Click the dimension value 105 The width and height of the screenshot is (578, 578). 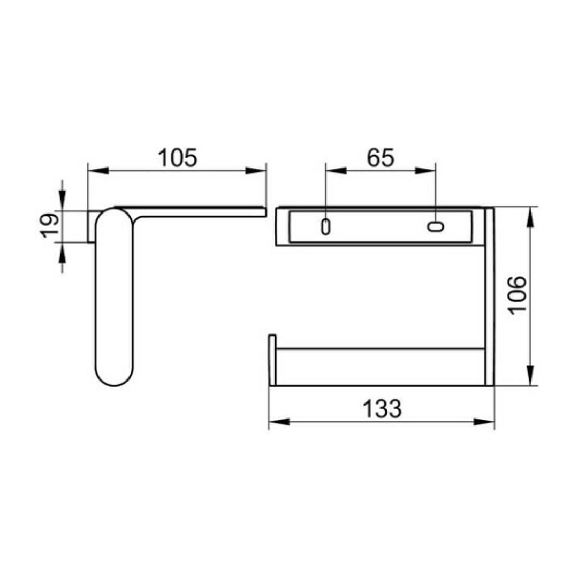178,158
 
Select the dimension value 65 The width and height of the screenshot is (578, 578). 381,158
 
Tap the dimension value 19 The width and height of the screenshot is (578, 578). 50,225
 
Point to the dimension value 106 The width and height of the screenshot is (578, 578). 517,295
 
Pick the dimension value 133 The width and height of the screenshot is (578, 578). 382,409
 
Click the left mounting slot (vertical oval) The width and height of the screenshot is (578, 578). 325,227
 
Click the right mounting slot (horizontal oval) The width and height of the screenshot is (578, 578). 436,226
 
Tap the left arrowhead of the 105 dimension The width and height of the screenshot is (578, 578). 98,171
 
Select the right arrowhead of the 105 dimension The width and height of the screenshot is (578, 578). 255,171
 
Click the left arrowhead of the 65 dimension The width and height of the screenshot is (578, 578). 336,171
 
